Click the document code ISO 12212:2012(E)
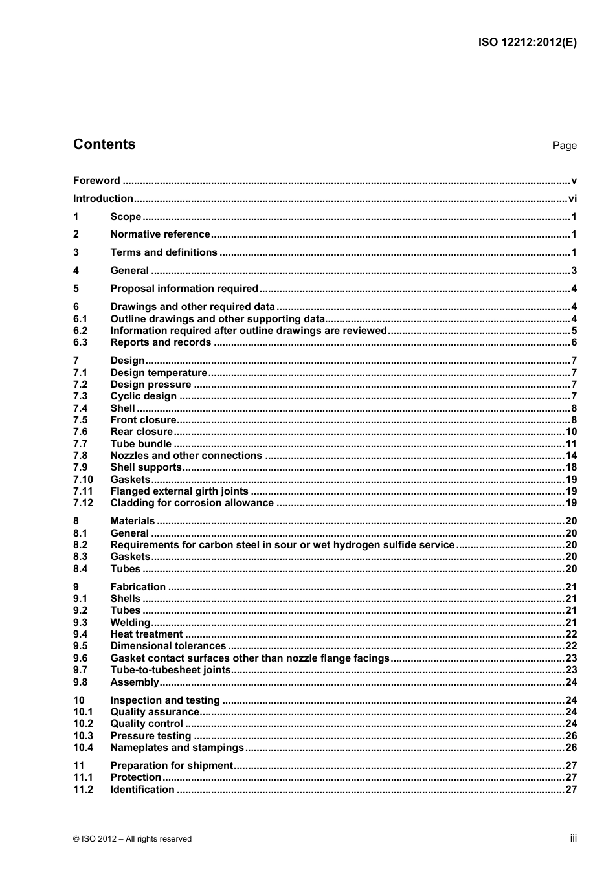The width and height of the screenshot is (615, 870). pyautogui.click(x=527, y=43)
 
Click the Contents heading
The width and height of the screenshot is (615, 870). pyautogui.click(x=104, y=144)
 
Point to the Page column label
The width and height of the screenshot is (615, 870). pyautogui.click(x=564, y=146)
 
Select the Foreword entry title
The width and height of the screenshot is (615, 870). pyautogui.click(x=96, y=181)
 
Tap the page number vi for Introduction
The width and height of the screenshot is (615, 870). pyautogui.click(x=572, y=199)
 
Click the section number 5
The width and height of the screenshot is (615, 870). pyautogui.click(x=76, y=289)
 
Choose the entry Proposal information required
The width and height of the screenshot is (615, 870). pyautogui.click(x=184, y=289)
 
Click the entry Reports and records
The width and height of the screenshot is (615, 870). pyautogui.click(x=161, y=342)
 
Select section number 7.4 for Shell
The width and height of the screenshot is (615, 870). pyautogui.click(x=80, y=408)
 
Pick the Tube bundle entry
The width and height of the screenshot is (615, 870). pyautogui.click(x=140, y=444)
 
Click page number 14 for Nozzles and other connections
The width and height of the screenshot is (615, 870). pyautogui.click(x=570, y=456)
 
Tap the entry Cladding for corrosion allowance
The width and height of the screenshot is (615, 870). pyautogui.click(x=192, y=503)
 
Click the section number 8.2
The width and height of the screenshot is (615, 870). pyautogui.click(x=80, y=545)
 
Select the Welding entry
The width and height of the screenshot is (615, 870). pyautogui.click(x=130, y=623)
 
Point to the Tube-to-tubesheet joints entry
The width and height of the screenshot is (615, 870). pyautogui.click(x=170, y=670)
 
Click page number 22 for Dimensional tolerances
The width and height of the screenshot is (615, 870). pyautogui.click(x=570, y=646)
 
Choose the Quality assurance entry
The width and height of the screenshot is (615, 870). pyautogui.click(x=155, y=712)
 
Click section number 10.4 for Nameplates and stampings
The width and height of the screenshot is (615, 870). pyautogui.click(x=83, y=748)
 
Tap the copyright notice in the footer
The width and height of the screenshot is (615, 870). pyautogui.click(x=132, y=839)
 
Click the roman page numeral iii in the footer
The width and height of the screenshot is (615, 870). pyautogui.click(x=573, y=838)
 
